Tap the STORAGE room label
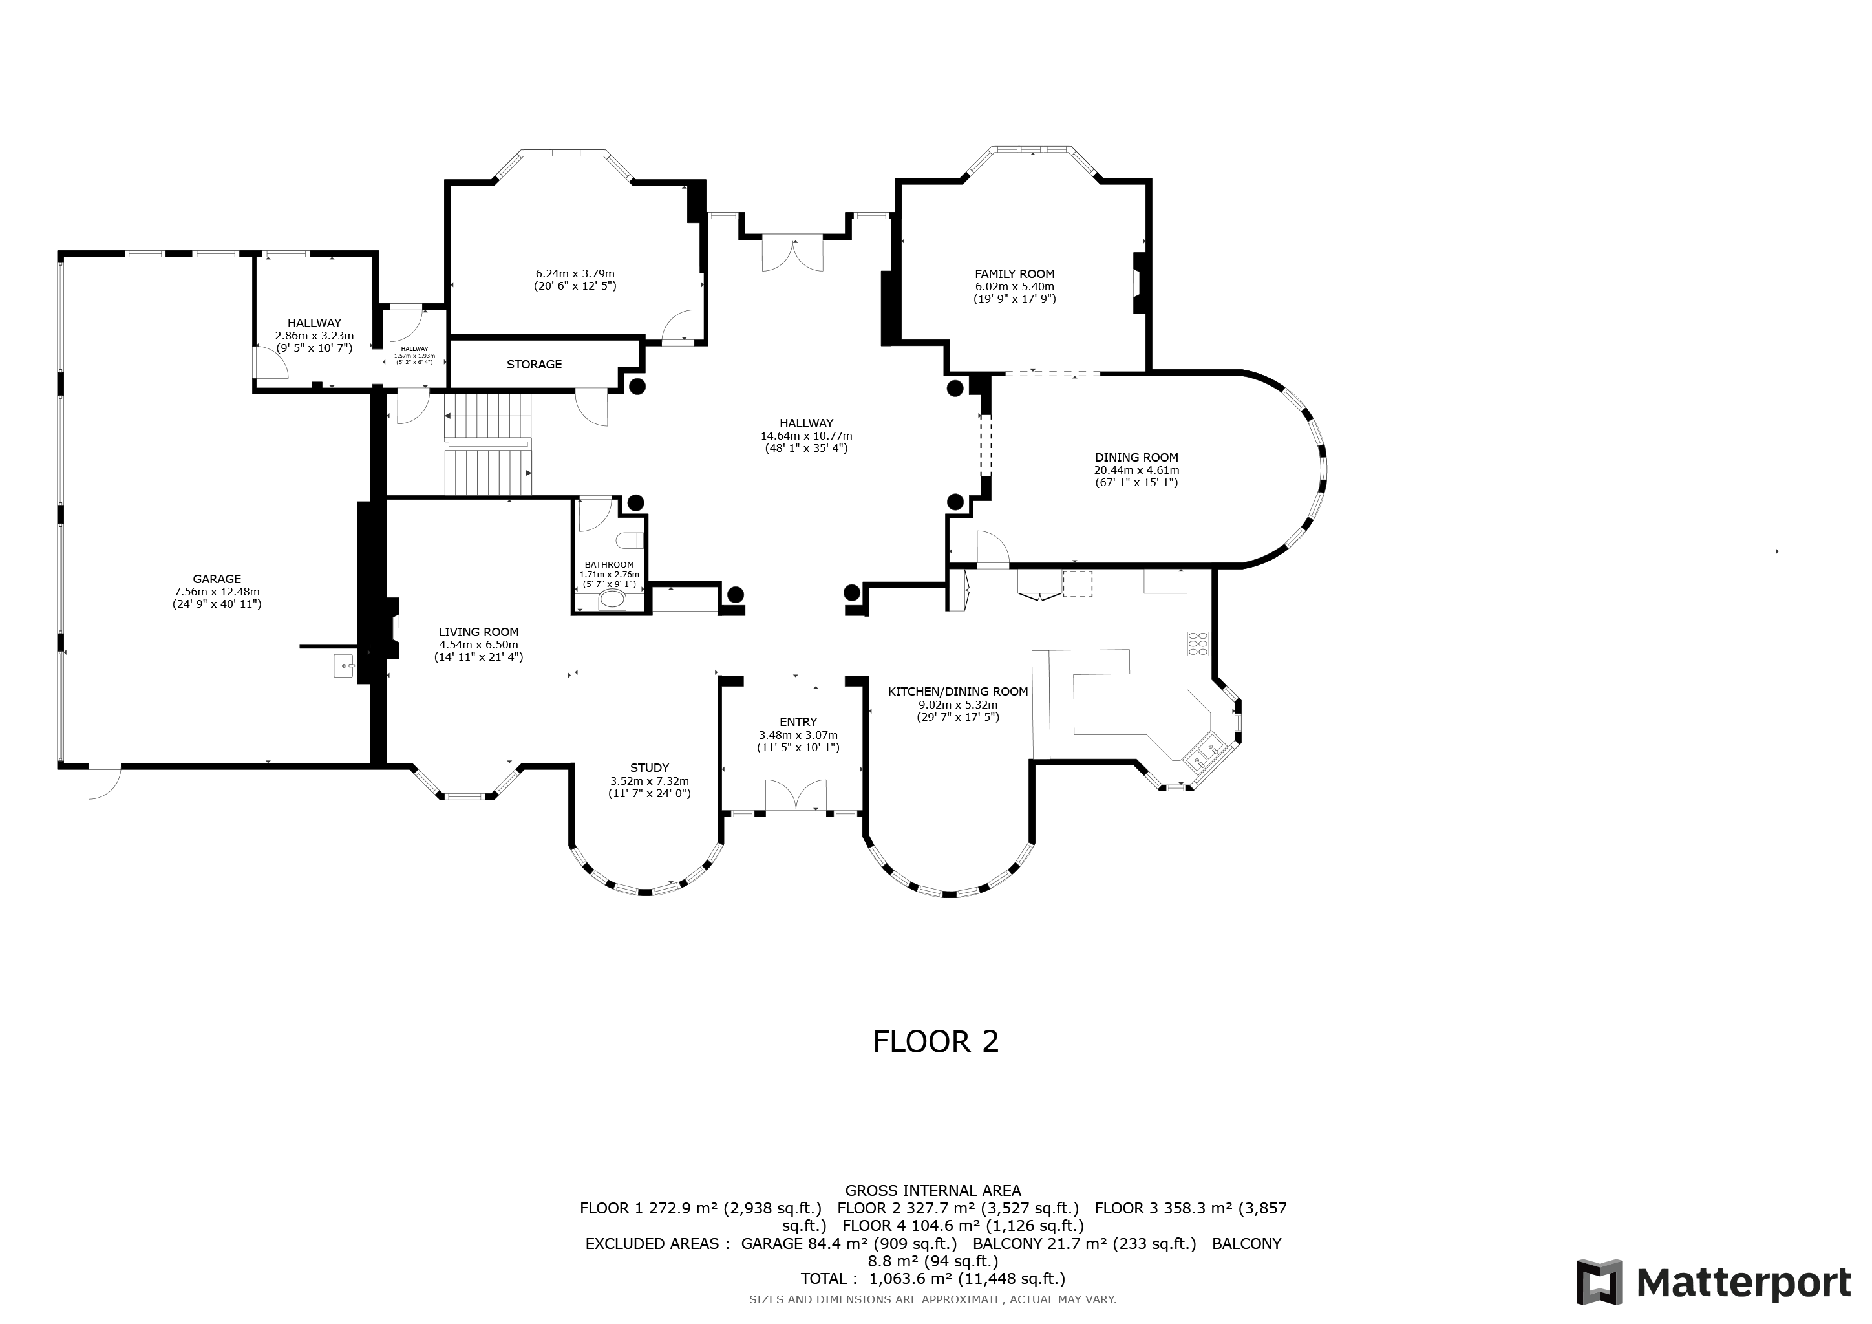pyautogui.click(x=534, y=365)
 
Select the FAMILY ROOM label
pyautogui.click(x=1014, y=274)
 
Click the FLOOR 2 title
pyautogui.click(x=935, y=1042)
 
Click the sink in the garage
pyautogui.click(x=345, y=665)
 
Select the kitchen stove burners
pyautogui.click(x=1198, y=643)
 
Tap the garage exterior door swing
pyautogui.click(x=104, y=781)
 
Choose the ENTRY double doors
pyautogui.click(x=796, y=796)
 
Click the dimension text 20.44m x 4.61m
pyautogui.click(x=1136, y=471)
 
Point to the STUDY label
pyautogui.click(x=650, y=768)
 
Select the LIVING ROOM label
pyautogui.click(x=478, y=632)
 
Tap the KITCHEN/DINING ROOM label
pyautogui.click(x=958, y=691)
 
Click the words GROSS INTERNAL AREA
pyautogui.click(x=933, y=1190)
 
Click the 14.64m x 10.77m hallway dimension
pyautogui.click(x=806, y=436)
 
